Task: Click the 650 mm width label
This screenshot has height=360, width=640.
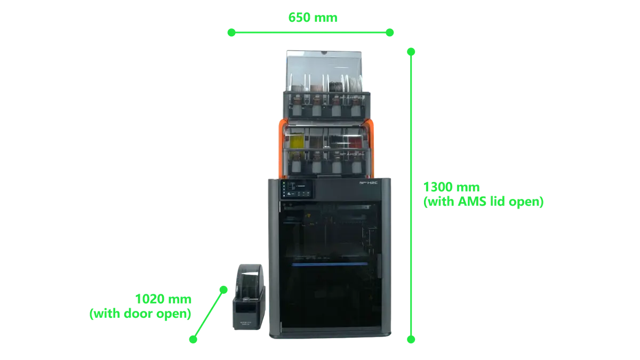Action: (313, 18)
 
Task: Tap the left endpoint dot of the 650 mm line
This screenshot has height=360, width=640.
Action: (231, 33)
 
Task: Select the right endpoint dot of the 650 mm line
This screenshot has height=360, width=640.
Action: (390, 33)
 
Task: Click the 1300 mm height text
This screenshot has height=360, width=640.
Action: (451, 187)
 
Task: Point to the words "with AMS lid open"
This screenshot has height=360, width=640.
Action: (483, 202)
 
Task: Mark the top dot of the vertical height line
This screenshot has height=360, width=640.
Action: (411, 52)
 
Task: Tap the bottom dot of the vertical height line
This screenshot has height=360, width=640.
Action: (411, 339)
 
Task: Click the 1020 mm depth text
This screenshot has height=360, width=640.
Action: (163, 299)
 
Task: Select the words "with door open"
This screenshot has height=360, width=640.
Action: (140, 314)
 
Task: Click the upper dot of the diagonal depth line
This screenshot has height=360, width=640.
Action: (223, 290)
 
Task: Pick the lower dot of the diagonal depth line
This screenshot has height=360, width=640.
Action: (193, 339)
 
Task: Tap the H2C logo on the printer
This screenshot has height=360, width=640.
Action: (369, 182)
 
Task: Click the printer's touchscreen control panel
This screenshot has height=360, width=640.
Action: (297, 189)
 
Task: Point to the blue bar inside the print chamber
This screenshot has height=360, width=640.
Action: (330, 265)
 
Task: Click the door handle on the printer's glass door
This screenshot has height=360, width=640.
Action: (379, 266)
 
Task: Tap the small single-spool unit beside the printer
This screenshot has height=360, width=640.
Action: (249, 297)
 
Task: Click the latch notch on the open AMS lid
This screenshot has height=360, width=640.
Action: (324, 53)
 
